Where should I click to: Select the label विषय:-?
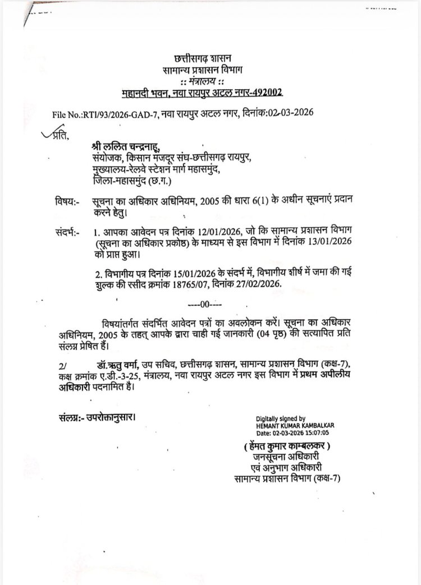68,201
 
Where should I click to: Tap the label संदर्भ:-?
68,231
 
